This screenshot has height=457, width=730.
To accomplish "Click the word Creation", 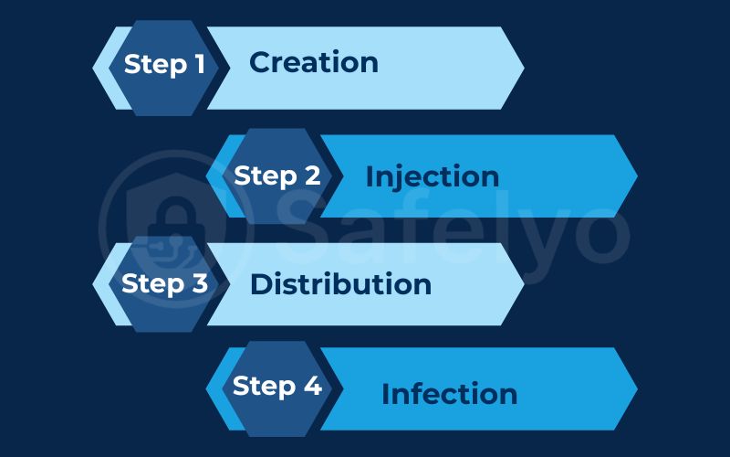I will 313,62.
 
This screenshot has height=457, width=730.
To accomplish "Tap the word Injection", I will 432,176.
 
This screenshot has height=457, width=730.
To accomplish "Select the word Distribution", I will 340,283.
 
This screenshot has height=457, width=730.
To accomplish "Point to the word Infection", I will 449,394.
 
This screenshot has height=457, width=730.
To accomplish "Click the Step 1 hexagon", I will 164,67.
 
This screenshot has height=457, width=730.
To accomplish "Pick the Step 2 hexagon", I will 276,176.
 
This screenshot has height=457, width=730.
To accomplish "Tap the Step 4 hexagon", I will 276,388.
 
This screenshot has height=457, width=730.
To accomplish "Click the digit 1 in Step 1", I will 198,64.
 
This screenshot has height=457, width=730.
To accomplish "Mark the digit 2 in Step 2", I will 312,175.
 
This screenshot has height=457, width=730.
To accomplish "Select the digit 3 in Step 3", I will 200,283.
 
